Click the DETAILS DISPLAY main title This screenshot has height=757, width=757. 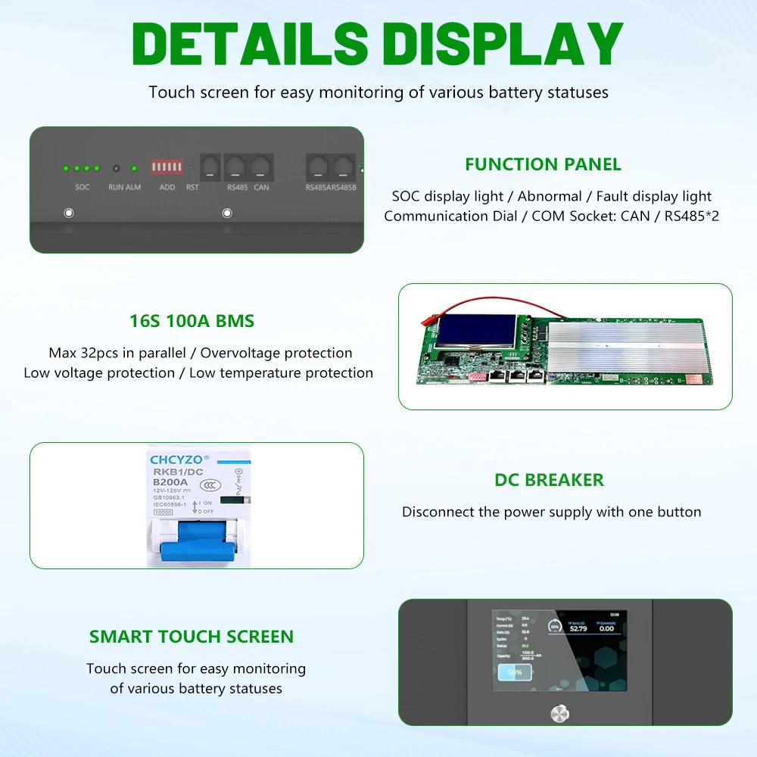pos(377,43)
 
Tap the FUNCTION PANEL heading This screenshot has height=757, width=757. pos(543,164)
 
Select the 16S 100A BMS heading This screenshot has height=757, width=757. pos(192,321)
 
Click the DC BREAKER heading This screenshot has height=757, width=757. pos(549,480)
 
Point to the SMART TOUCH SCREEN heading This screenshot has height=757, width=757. pos(192,637)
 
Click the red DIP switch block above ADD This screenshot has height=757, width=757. pos(167,167)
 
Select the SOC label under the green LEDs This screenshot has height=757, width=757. pos(82,187)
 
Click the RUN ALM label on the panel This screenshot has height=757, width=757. pos(124,187)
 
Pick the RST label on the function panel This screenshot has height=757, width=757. pos(192,187)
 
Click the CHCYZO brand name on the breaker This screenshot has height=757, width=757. pos(177,459)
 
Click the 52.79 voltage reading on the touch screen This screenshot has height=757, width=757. pos(578,628)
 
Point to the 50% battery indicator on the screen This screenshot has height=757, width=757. pos(515,671)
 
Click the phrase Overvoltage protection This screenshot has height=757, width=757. pos(276,353)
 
